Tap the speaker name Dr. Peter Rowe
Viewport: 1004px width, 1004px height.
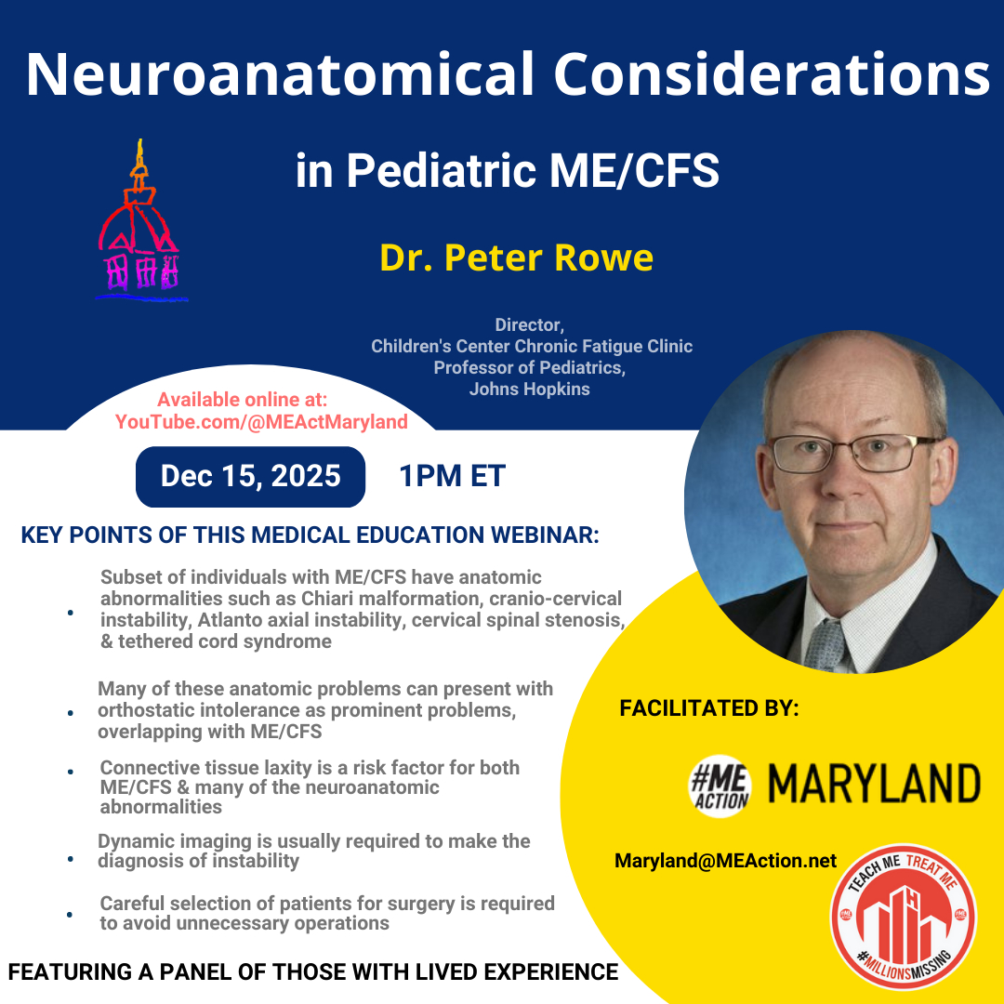coord(516,258)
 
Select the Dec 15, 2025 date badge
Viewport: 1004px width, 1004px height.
coord(250,476)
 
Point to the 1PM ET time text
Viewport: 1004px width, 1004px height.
coord(452,476)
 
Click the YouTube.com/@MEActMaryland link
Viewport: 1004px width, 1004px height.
coord(261,422)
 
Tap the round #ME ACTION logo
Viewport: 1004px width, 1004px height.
coord(720,786)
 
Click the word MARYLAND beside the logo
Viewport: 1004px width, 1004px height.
coord(874,784)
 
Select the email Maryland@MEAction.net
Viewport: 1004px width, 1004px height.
coord(725,861)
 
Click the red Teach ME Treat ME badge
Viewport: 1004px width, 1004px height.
coord(904,917)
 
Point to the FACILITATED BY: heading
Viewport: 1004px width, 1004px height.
coord(709,708)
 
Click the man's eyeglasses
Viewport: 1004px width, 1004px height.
coord(853,452)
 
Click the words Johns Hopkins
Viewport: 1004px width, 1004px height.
coord(530,390)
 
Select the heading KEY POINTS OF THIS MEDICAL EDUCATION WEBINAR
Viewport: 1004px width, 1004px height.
coord(310,535)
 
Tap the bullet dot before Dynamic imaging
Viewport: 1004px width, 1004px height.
coord(71,858)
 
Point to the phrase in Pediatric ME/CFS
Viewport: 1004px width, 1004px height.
coord(508,170)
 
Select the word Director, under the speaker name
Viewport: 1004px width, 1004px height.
coord(530,325)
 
